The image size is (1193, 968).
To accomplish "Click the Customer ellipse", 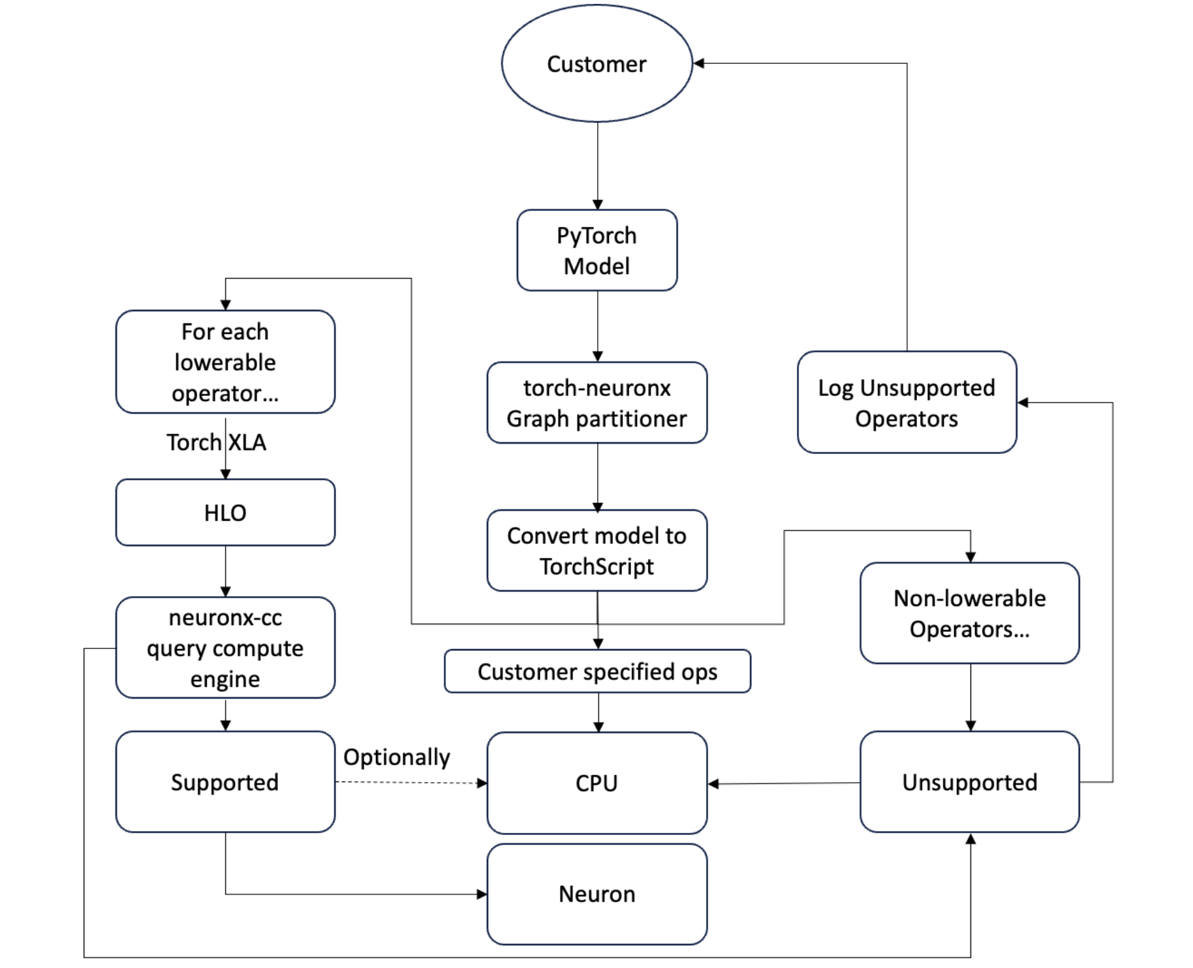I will coord(596,63).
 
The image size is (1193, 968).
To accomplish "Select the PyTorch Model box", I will coord(596,250).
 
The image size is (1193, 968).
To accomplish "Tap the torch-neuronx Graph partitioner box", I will coord(596,402).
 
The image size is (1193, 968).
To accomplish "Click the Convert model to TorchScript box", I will coord(596,551).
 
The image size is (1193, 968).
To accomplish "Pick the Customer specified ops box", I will coord(596,671).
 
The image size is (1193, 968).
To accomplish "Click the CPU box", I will coord(596,783).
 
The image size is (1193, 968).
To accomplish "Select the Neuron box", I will coord(596,894).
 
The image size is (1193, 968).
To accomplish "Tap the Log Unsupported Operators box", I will coord(906,402).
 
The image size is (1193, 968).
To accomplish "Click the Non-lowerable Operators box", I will coord(969,613).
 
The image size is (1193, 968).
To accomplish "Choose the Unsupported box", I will coord(969,781).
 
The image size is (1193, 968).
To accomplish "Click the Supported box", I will coord(225,781).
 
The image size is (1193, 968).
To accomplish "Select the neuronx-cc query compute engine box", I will coord(225,648).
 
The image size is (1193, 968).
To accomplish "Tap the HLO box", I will coord(225,513).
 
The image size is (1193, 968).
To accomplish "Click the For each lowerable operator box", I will coord(225,362).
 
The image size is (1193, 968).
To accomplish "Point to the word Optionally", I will coord(396,757).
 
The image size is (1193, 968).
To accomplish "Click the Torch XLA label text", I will coord(216,442).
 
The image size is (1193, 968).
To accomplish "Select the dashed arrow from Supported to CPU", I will coord(411,782).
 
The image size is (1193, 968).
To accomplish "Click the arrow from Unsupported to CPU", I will coord(783,783).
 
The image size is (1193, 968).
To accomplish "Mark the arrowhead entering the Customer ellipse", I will coord(698,63).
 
